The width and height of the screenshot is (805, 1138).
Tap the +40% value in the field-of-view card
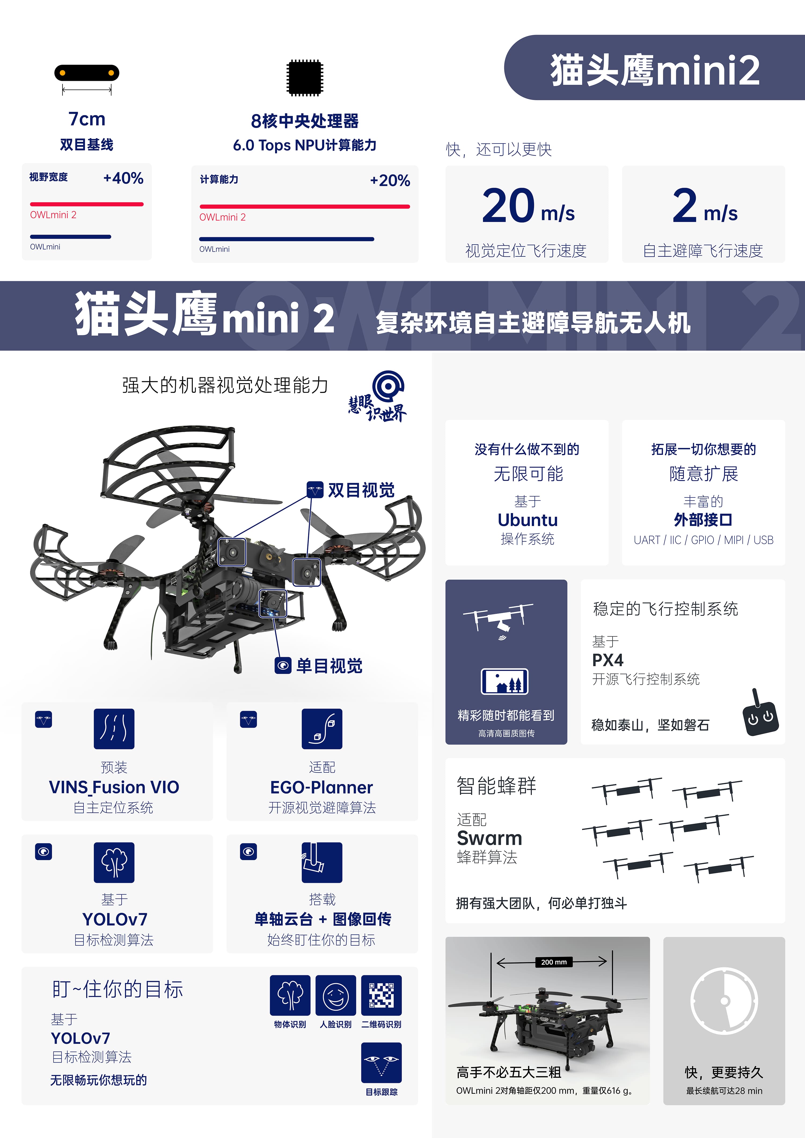[123, 178]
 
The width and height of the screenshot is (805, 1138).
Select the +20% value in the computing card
[390, 181]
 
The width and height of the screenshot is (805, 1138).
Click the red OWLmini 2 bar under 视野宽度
[87, 204]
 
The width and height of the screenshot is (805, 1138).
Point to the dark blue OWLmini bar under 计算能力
[287, 239]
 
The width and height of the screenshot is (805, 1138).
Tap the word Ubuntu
[528, 520]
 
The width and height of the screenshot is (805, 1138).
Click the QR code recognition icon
[381, 995]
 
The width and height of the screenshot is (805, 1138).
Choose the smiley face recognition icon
[336, 995]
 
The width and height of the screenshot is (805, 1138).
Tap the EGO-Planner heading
[321, 787]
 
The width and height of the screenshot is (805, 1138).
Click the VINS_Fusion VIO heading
[114, 787]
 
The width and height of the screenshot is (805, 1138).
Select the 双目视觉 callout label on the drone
[361, 490]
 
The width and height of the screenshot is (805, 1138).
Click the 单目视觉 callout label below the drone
[329, 666]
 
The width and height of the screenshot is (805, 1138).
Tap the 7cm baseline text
[87, 119]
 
